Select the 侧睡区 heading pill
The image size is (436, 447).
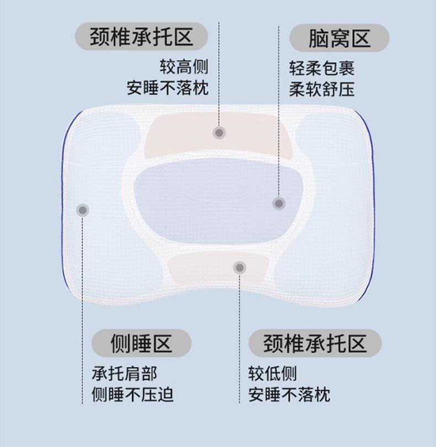click(141, 343)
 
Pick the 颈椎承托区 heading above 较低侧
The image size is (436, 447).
click(315, 343)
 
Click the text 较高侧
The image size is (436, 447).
click(184, 67)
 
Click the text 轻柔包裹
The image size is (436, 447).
click(322, 68)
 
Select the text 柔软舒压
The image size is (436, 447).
click(322, 89)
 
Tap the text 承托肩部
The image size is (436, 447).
click(124, 374)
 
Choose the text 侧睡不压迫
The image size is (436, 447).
click(132, 395)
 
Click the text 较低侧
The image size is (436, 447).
click(272, 374)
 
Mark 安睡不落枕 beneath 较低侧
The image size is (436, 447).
click(289, 395)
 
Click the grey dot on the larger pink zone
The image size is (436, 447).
click(219, 132)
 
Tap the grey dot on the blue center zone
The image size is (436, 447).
click(279, 204)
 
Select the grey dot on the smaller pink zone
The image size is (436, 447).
click(240, 268)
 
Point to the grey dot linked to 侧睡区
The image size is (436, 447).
click(83, 210)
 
